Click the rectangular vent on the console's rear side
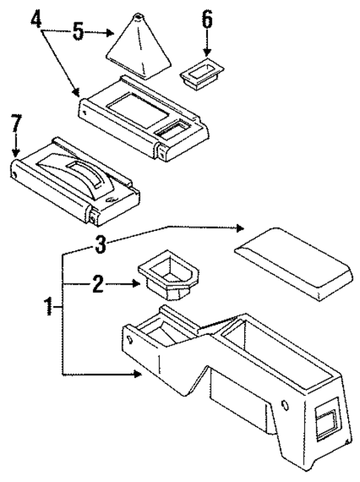[325, 421]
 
